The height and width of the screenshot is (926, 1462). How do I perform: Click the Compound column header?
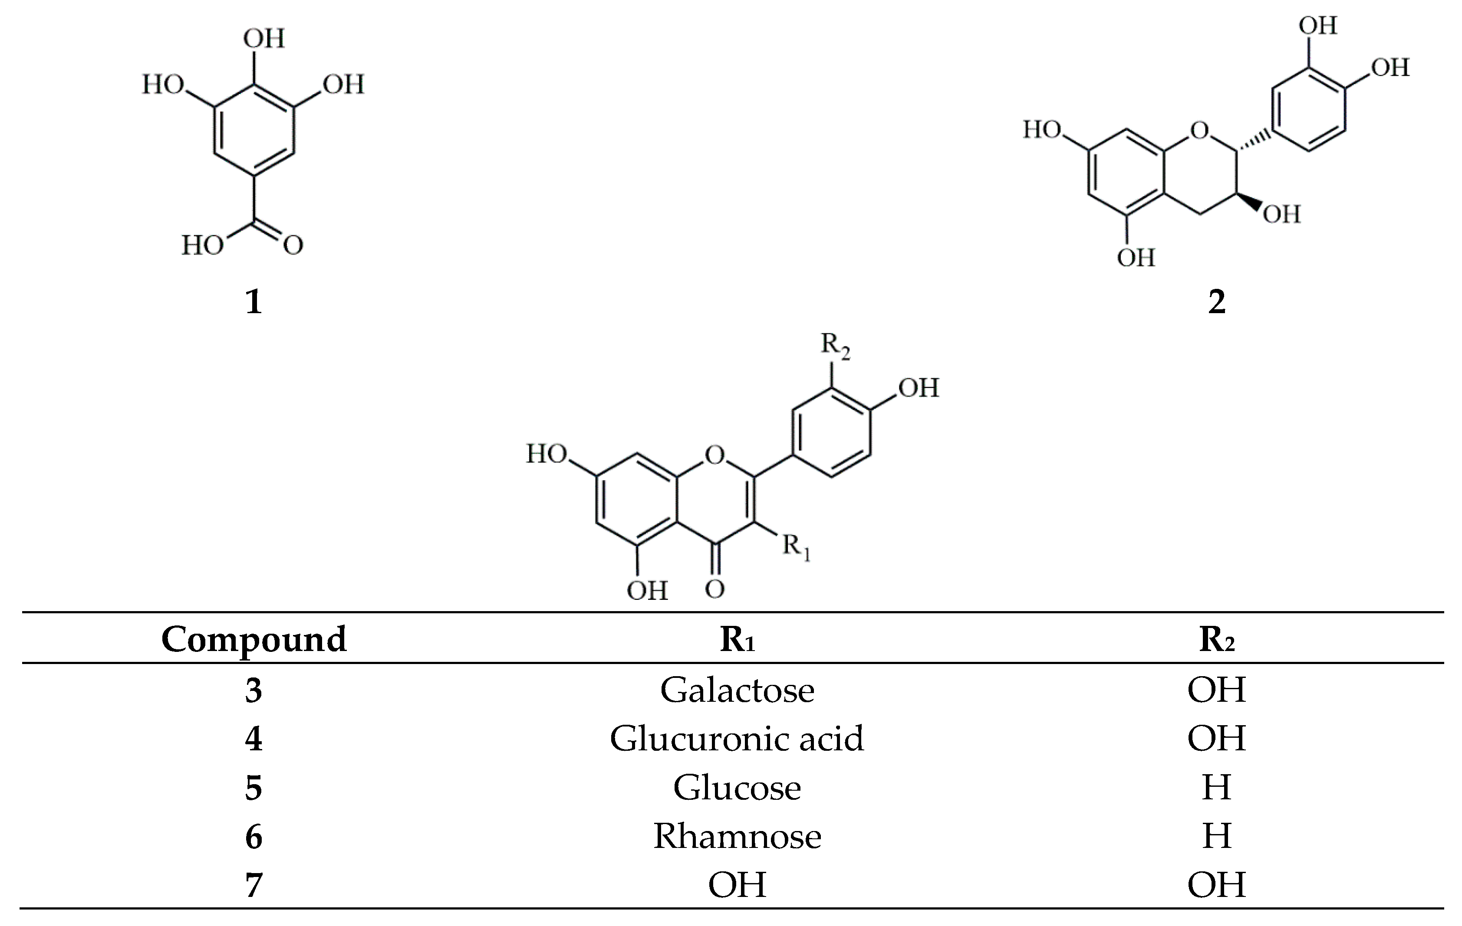[x=254, y=640]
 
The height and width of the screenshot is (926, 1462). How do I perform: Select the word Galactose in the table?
[x=737, y=690]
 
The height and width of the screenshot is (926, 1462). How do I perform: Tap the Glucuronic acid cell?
[x=737, y=739]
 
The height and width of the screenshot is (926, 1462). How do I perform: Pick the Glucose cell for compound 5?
[x=737, y=788]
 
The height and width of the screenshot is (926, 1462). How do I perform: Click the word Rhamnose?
[x=737, y=836]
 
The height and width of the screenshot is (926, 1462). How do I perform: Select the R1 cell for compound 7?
[x=737, y=885]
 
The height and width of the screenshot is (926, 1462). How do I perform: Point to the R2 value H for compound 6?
[x=1216, y=836]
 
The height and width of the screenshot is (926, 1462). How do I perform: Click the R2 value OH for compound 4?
[x=1216, y=739]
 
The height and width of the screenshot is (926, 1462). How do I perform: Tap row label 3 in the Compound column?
[x=254, y=690]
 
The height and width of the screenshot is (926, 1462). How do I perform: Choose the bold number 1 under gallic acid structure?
[x=254, y=301]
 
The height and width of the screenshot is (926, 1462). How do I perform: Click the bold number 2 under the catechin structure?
[x=1216, y=301]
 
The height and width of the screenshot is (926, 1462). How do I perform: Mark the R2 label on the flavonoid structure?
[x=835, y=346]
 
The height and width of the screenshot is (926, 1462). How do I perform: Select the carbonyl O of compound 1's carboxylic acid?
[x=293, y=246]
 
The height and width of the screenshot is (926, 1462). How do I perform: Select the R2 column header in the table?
[x=1216, y=640]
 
